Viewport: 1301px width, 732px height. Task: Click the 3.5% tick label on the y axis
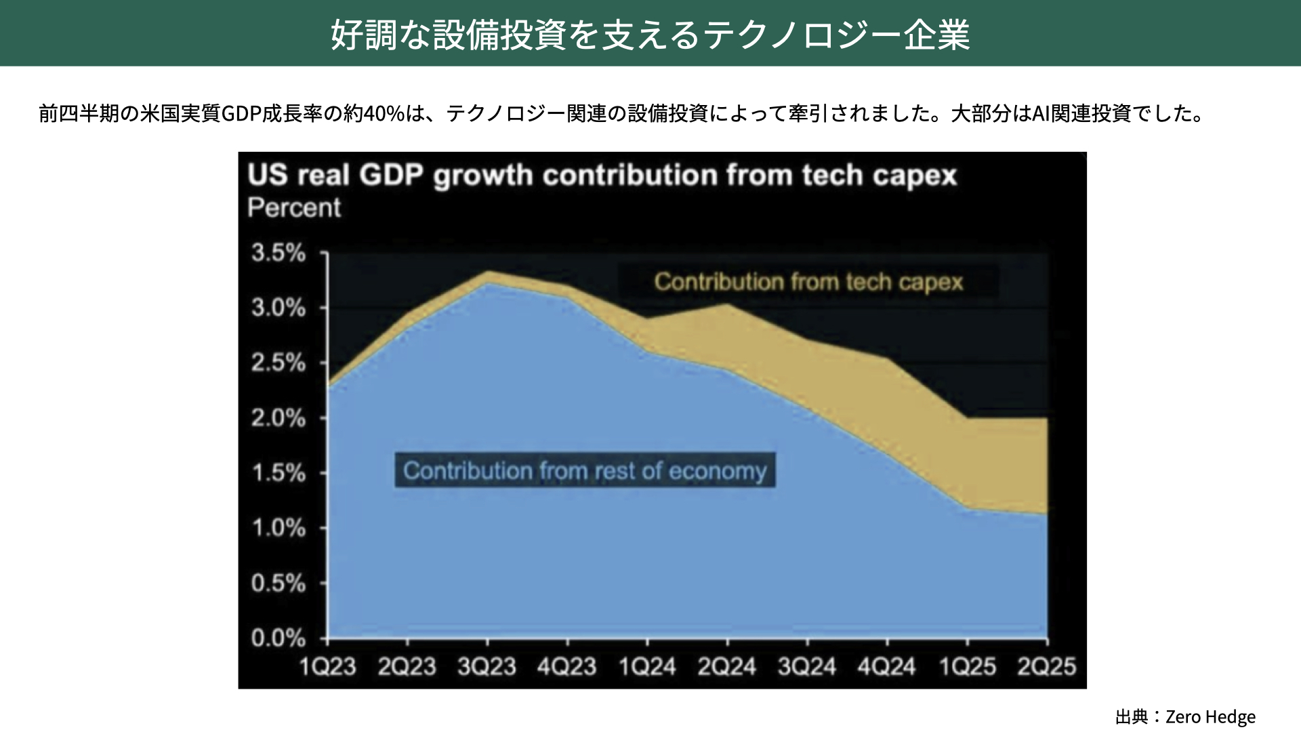[278, 253]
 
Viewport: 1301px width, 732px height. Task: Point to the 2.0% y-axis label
[278, 418]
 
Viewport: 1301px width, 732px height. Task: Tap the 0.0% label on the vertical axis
[278, 638]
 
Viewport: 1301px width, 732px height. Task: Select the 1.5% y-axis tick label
[278, 473]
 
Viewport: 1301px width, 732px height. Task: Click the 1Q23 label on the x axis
[328, 667]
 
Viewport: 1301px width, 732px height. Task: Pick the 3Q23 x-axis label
[487, 667]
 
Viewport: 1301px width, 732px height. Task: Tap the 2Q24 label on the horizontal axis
[727, 667]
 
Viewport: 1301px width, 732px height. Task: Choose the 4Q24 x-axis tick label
[887, 667]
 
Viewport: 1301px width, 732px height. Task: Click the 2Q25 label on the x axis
[1047, 667]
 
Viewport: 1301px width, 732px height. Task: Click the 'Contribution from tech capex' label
[808, 282]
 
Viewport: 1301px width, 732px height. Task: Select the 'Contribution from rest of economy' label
[585, 470]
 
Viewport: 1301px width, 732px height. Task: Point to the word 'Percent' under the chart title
[294, 207]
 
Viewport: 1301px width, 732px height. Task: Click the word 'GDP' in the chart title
[391, 176]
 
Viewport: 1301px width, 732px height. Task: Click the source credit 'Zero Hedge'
[1210, 716]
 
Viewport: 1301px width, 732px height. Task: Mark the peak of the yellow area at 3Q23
[488, 272]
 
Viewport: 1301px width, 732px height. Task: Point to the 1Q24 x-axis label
[647, 667]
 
